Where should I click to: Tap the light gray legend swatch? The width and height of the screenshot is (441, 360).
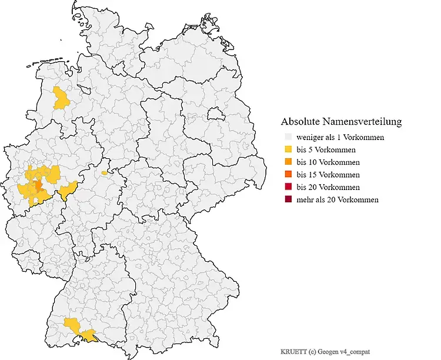point(286,138)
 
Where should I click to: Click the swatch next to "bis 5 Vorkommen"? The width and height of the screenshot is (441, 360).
point(286,150)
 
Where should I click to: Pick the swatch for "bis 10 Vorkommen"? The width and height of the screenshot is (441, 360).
point(286,162)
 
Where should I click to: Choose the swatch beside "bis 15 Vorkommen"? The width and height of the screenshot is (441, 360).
point(286,175)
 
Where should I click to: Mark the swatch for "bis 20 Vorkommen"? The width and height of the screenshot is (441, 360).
point(286,187)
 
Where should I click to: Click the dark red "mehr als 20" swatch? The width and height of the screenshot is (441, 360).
point(286,199)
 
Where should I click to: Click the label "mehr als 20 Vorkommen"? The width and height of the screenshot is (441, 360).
point(338,199)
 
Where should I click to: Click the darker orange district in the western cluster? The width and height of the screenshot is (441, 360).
point(38,186)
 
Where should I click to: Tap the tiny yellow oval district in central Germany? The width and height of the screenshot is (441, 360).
point(104,173)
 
